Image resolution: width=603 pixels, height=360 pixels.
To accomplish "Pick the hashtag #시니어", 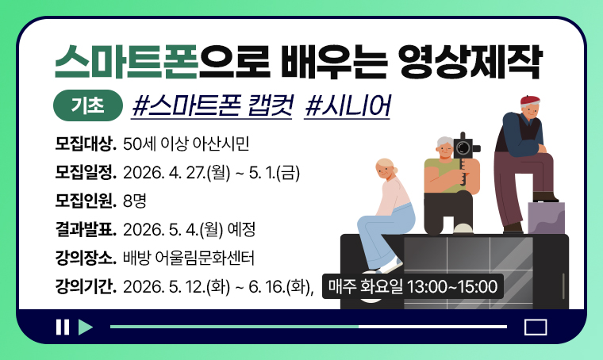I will coord(347,105).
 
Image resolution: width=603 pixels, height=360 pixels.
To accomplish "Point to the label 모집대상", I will coord(86,144).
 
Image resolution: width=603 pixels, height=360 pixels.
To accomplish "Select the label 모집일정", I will coord(86,173).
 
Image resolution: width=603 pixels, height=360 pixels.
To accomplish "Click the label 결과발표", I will coord(86,230).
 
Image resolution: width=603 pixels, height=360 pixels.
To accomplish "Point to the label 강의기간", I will coord(86,286).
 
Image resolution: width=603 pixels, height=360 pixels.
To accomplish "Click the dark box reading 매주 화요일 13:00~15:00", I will coord(412,285).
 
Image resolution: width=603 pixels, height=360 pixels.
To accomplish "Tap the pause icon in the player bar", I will coord(62,327).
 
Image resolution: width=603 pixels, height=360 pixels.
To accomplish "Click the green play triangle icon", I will coord(86,327).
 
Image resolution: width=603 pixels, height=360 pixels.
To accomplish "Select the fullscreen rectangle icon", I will coord(536,327).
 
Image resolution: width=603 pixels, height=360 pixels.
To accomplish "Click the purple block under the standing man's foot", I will coord(546,217).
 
